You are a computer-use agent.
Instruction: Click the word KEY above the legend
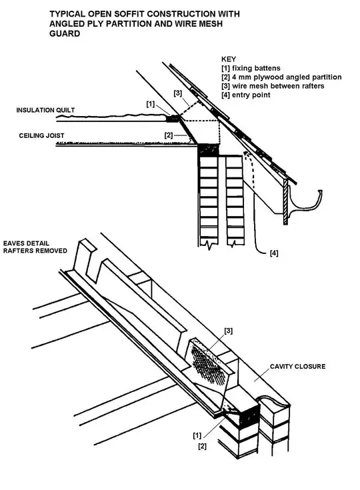(229, 59)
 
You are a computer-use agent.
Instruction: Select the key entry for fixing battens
(251, 68)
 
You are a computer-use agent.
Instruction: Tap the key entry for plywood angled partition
(281, 77)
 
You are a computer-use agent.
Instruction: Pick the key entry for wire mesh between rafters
(273, 86)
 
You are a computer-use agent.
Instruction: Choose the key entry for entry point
(245, 95)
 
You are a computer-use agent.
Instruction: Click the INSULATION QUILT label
(45, 110)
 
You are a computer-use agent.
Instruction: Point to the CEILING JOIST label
(41, 135)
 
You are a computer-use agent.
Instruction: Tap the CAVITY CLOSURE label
(297, 366)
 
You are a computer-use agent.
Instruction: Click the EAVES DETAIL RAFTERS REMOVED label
(35, 247)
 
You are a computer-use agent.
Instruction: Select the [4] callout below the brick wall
(274, 253)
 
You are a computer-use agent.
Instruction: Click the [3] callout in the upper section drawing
(177, 93)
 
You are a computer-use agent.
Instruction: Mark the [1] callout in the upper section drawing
(151, 104)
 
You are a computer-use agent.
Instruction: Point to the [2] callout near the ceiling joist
(169, 135)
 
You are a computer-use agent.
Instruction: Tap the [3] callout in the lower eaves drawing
(229, 331)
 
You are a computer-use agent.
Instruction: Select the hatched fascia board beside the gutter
(285, 201)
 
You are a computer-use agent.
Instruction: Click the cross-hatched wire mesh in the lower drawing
(209, 364)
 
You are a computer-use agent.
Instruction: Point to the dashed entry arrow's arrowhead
(245, 153)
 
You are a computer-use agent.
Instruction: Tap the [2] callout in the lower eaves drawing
(203, 446)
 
